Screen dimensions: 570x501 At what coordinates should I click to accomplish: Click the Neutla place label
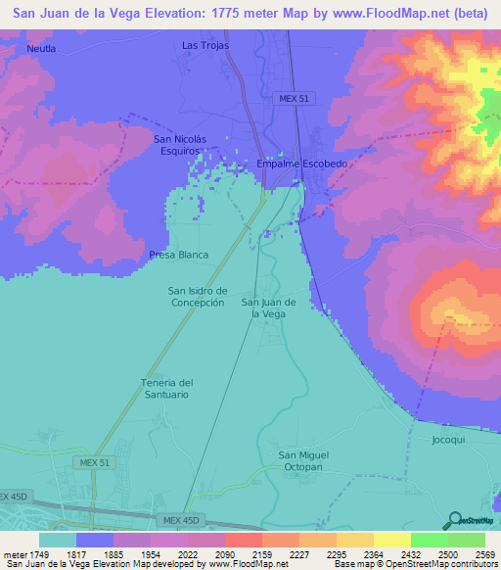(x=41, y=48)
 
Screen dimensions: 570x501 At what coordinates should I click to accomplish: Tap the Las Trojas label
(x=204, y=46)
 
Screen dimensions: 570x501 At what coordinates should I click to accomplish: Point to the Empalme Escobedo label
(x=301, y=164)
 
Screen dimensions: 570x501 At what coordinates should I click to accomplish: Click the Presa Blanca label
(x=179, y=255)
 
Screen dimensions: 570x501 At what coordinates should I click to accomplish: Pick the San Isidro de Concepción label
(x=198, y=296)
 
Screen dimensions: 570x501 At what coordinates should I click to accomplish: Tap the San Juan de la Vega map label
(x=269, y=308)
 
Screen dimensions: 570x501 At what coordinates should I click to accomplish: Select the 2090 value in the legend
(x=205, y=555)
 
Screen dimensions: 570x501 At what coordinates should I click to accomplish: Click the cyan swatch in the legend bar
(x=57, y=540)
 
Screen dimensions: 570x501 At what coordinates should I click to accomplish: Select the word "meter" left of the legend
(x=13, y=555)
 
